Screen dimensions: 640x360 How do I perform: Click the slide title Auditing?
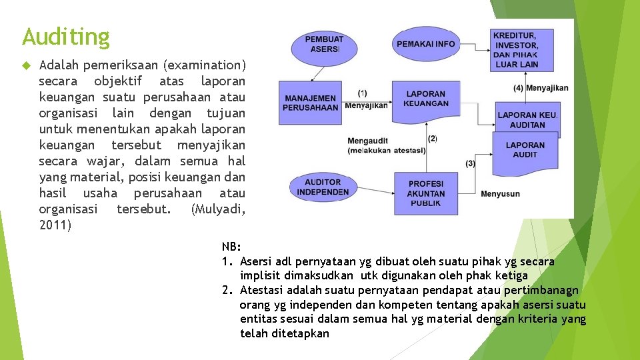pos(65,36)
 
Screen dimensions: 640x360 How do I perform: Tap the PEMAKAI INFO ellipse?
pos(425,44)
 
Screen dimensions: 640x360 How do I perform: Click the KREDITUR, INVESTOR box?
pos(516,49)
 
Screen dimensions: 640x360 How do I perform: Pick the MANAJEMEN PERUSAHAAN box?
pos(311,103)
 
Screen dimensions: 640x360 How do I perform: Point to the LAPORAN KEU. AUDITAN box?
pos(527,120)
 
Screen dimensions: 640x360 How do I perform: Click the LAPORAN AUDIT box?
pos(525,150)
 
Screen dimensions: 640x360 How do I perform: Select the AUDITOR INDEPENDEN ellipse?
pos(323,187)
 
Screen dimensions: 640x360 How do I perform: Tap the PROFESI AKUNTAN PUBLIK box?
pos(426,193)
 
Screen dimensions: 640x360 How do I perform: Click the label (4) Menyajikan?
pos(541,88)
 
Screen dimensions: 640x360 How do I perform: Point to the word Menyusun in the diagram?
pos(500,194)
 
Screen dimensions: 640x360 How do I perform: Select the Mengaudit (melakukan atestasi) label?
pos(386,146)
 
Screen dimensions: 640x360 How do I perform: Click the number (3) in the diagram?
pos(471,163)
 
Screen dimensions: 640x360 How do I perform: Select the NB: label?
pos(231,247)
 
